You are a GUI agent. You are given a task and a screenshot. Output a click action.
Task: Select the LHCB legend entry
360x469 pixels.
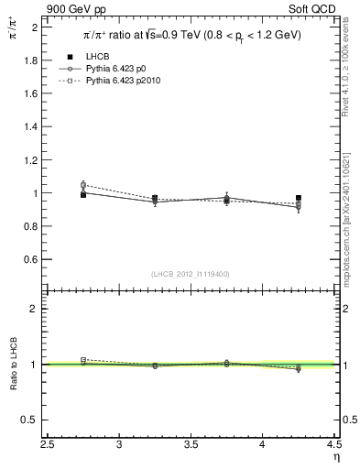[97, 57]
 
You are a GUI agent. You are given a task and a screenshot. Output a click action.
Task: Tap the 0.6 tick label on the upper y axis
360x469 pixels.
[30, 259]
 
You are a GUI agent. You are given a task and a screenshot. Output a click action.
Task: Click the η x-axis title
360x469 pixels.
[335, 457]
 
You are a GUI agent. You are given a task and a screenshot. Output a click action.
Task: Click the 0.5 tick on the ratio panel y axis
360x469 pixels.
[30, 420]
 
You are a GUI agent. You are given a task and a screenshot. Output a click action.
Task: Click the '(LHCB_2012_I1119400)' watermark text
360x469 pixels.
[191, 273]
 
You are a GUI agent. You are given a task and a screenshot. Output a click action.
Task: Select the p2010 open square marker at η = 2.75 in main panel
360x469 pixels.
[83, 185]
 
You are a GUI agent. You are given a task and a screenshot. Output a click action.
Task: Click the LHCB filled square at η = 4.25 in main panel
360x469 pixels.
[299, 198]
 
